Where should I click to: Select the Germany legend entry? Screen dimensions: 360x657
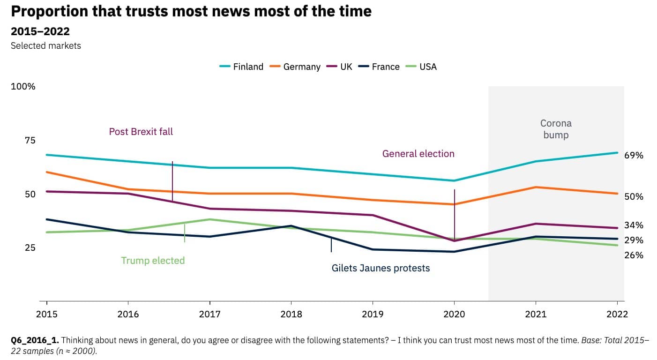coord(295,67)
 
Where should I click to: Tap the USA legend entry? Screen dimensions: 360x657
coord(421,67)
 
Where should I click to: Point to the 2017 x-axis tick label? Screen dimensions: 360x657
coord(209,314)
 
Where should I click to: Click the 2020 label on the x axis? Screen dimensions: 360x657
coord(454,314)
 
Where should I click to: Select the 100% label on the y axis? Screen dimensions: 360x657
coord(23,87)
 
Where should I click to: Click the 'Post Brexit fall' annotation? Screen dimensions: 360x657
coord(141,132)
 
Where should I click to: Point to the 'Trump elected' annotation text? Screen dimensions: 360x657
coord(153,261)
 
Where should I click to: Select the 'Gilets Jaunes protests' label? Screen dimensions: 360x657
coord(381,268)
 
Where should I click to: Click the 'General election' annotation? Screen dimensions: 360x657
coord(418,154)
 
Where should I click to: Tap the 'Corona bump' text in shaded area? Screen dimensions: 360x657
coord(556,129)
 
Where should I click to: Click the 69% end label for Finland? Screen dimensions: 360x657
coord(634,156)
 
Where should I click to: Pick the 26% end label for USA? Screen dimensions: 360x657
coord(634,255)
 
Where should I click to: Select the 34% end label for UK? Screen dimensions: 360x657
coord(634,225)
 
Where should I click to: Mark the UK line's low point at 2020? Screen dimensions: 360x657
coord(454,241)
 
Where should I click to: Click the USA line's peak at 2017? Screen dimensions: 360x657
coord(210,219)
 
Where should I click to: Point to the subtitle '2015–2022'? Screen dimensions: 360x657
coord(40,31)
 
